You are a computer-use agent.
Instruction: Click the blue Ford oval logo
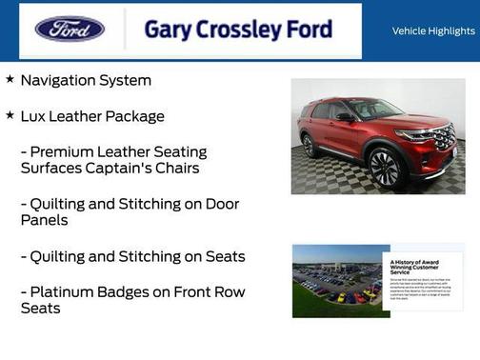70,29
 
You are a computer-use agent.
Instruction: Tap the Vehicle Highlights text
433,30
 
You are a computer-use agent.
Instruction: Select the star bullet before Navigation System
10,80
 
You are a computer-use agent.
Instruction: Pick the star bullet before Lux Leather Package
10,115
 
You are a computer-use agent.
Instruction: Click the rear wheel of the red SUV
310,146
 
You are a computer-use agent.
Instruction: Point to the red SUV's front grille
444,139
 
